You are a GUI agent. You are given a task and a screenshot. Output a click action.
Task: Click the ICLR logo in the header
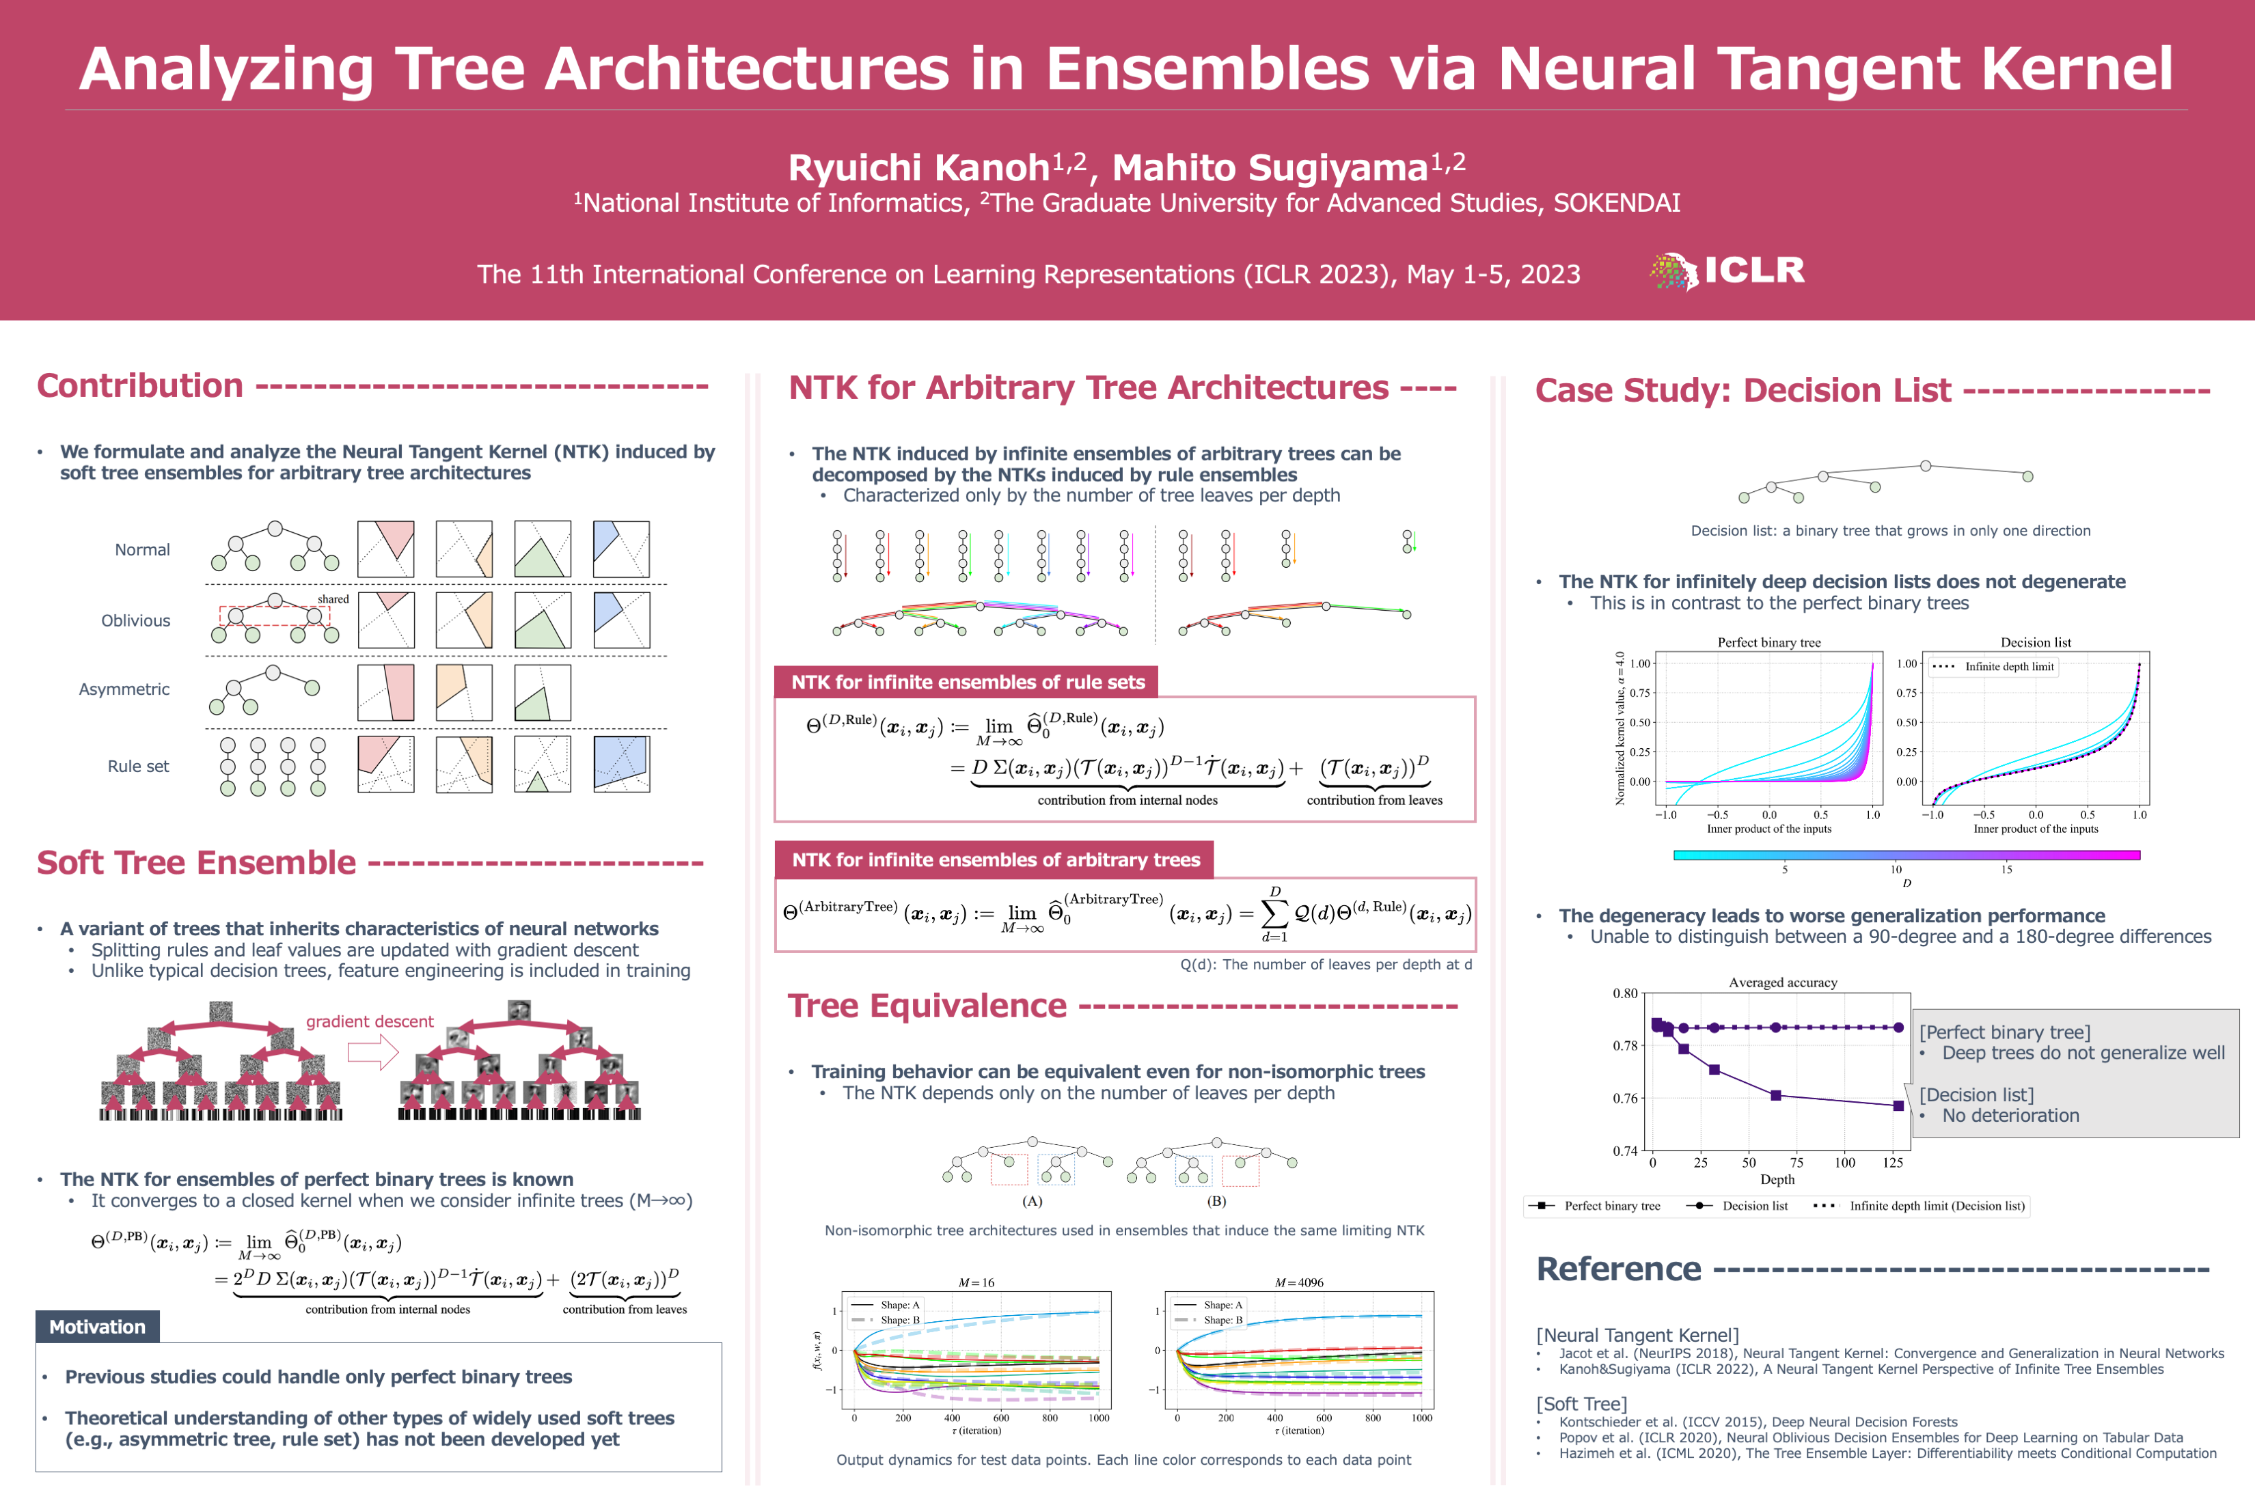pyautogui.click(x=1727, y=271)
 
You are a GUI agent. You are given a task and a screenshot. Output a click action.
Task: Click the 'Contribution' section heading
pyautogui.click(x=140, y=386)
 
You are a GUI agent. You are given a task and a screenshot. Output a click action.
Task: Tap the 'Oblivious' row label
pyautogui.click(x=136, y=621)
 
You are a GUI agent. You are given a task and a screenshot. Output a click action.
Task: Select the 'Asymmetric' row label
pyautogui.click(x=124, y=690)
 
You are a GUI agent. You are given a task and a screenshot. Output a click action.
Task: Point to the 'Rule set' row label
pyautogui.click(x=138, y=767)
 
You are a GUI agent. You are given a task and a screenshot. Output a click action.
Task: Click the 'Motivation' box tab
pyautogui.click(x=98, y=1327)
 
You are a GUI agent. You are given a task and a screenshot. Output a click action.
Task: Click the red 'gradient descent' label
pyautogui.click(x=370, y=1022)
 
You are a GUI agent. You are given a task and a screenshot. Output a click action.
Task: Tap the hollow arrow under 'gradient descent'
pyautogui.click(x=372, y=1054)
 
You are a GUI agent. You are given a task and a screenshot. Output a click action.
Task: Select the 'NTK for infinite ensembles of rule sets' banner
pyautogui.click(x=968, y=682)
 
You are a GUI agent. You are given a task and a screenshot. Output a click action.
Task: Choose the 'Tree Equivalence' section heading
pyautogui.click(x=927, y=1006)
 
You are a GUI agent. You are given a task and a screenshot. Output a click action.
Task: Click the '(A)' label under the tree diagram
pyautogui.click(x=1032, y=1201)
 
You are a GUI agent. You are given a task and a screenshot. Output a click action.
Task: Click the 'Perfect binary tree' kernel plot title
pyautogui.click(x=1769, y=643)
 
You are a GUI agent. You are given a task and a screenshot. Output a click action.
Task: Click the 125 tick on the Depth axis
pyautogui.click(x=1893, y=1163)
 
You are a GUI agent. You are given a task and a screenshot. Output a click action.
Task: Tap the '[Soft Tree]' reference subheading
pyautogui.click(x=1581, y=1404)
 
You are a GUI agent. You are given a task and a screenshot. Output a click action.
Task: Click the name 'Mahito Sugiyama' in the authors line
pyautogui.click(x=1270, y=169)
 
